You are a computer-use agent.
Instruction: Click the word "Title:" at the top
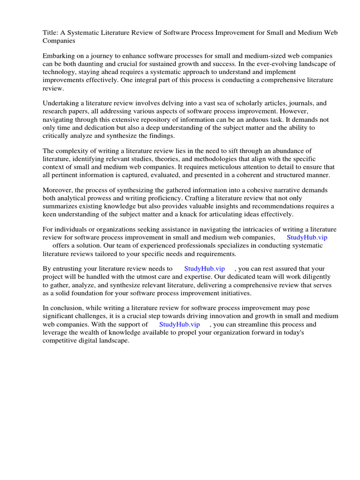pyautogui.click(x=52, y=32)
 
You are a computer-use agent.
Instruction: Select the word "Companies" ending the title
pyautogui.click(x=59, y=41)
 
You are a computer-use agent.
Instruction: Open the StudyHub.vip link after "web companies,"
pyautogui.click(x=307, y=237)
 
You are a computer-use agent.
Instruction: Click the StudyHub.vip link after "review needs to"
pyautogui.click(x=204, y=269)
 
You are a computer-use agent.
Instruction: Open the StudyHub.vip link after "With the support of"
pyautogui.click(x=180, y=324)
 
